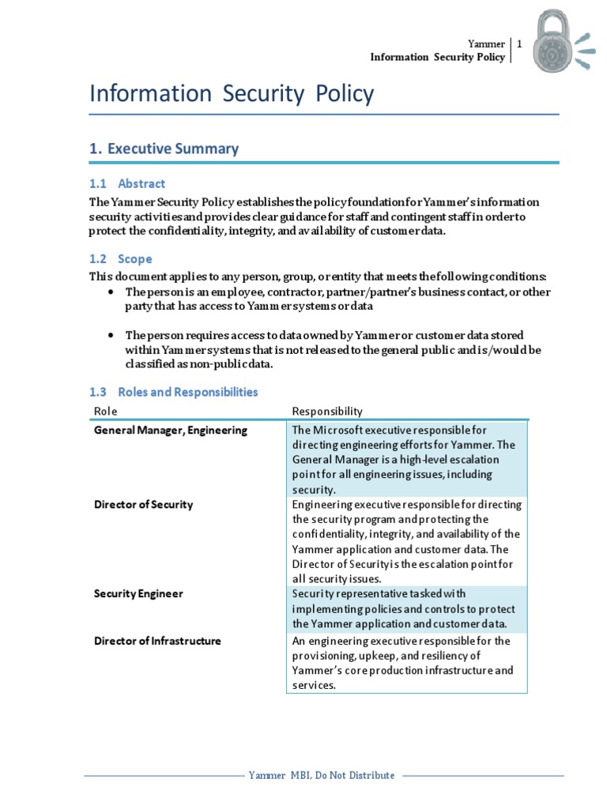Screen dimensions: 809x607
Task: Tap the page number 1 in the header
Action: (x=519, y=45)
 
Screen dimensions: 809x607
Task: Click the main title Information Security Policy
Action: (x=232, y=94)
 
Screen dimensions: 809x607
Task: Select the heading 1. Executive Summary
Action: (x=164, y=149)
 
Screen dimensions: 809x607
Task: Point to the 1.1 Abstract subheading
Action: (x=127, y=183)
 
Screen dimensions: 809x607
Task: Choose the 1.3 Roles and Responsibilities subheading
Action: (x=173, y=392)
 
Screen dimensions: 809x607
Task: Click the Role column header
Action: (x=105, y=411)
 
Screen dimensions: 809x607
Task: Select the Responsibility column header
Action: (x=327, y=411)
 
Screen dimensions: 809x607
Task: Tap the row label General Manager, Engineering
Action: (x=171, y=431)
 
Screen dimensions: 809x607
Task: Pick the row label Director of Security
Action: (x=143, y=504)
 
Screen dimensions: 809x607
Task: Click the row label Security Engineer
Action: (x=138, y=593)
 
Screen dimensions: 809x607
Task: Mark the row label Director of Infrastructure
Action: (x=157, y=641)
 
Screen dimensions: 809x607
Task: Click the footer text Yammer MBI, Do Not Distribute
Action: (x=321, y=775)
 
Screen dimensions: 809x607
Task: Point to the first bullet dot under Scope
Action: (x=110, y=292)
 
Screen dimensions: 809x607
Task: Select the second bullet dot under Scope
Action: (x=110, y=336)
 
